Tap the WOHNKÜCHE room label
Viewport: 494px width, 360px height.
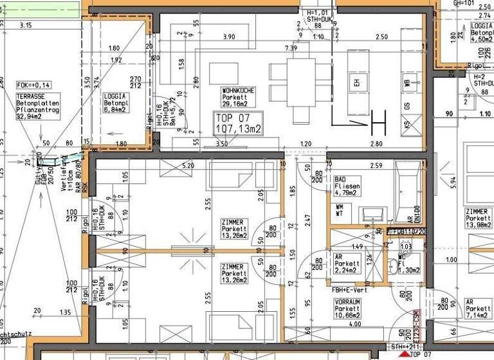[x=237, y=97]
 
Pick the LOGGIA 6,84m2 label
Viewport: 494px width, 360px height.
[x=116, y=103]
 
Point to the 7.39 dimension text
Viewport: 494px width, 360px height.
[x=291, y=48]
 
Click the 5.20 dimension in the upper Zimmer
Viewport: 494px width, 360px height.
[x=188, y=166]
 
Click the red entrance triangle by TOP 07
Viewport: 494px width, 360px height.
[x=404, y=353]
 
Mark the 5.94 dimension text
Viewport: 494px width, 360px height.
[x=453, y=182]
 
